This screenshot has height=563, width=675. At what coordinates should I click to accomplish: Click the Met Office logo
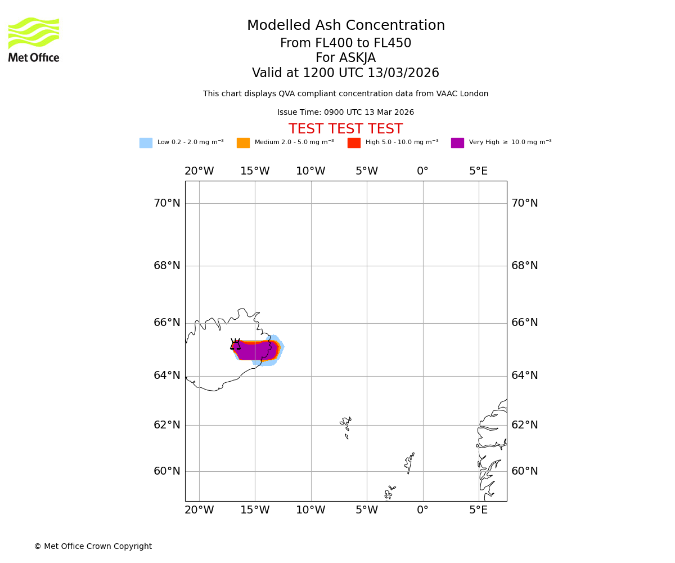click(x=34, y=39)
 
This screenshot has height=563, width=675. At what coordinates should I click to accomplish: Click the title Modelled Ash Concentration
click(x=345, y=26)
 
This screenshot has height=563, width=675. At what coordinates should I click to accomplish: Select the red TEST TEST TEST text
click(x=345, y=129)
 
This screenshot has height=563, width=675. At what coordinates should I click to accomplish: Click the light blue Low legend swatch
click(x=146, y=143)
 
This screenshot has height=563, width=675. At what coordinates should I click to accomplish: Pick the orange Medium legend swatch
click(x=243, y=143)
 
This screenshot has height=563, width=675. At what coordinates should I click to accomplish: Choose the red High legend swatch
click(x=354, y=143)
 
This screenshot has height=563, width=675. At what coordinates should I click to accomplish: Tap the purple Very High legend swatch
click(x=457, y=143)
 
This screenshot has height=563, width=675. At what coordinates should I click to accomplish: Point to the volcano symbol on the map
click(x=235, y=345)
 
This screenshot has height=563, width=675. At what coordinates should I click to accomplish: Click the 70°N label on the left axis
click(x=167, y=203)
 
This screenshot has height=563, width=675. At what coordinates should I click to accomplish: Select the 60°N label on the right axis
click(x=524, y=471)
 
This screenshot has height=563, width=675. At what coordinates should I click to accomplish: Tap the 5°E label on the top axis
click(x=478, y=171)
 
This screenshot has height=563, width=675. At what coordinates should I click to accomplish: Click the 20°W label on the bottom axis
click(x=199, y=510)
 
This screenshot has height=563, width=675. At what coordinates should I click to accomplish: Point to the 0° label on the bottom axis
click(x=422, y=510)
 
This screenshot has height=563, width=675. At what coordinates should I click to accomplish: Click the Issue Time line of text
click(x=345, y=113)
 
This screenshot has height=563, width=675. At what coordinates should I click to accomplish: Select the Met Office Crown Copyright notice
click(x=93, y=547)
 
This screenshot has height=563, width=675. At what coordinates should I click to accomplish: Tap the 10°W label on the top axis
click(x=310, y=171)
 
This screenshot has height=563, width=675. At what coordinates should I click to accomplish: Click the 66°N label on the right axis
click(x=524, y=323)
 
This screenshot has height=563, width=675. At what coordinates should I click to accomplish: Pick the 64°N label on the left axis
click(x=167, y=376)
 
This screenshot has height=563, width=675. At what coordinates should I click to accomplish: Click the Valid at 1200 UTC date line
click(x=345, y=73)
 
